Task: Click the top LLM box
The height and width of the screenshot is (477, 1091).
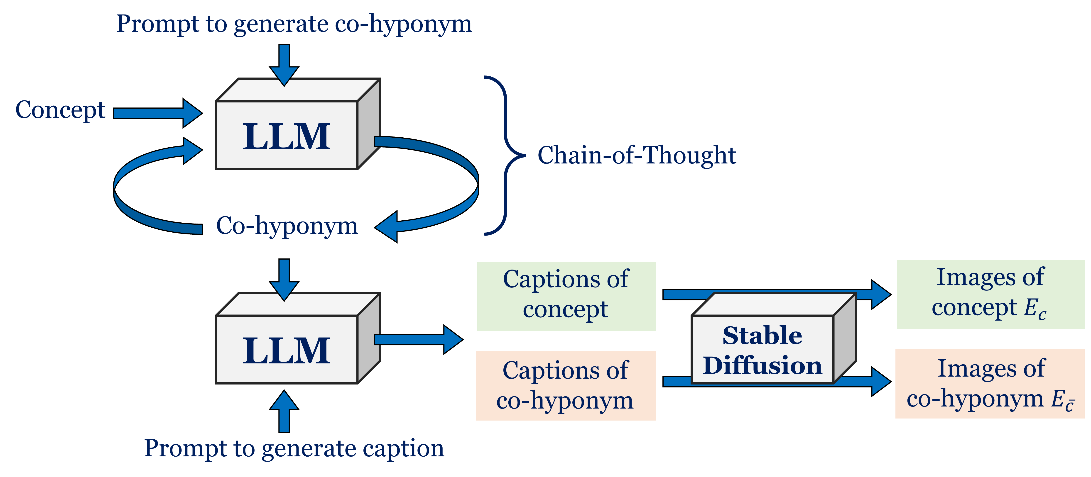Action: pyautogui.click(x=287, y=135)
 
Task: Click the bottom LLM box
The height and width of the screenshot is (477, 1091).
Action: pyautogui.click(x=287, y=350)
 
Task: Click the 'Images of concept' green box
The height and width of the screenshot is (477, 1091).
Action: pyautogui.click(x=990, y=294)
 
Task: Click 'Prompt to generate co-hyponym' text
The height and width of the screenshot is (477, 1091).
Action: pyautogui.click(x=294, y=24)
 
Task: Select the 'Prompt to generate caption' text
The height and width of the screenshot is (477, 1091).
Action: pyautogui.click(x=294, y=448)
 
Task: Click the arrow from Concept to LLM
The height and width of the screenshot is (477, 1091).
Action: pyautogui.click(x=157, y=113)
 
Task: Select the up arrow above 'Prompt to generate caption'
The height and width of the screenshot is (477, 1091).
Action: pyautogui.click(x=284, y=411)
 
